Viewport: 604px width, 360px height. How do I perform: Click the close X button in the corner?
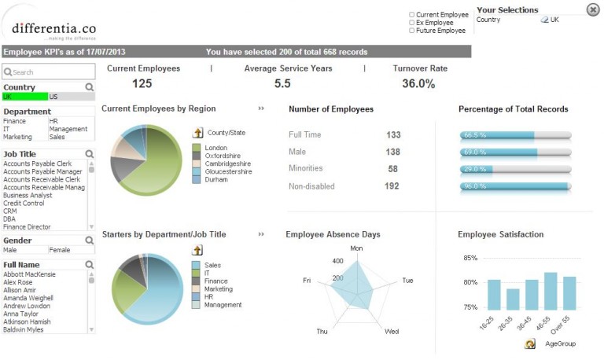(x=592, y=9)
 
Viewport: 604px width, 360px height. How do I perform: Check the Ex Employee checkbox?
(x=411, y=23)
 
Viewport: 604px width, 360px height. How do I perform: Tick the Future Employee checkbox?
(x=411, y=31)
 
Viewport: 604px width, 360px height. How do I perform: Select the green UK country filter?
(x=24, y=97)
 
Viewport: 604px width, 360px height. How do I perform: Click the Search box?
(x=47, y=72)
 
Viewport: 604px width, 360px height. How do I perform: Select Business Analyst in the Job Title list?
(x=28, y=195)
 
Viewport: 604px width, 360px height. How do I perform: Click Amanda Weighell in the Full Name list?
(x=28, y=299)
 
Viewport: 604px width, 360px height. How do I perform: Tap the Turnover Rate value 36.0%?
(x=418, y=84)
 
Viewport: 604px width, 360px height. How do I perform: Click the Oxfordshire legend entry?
(x=223, y=156)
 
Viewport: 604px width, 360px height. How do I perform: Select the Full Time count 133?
(x=393, y=135)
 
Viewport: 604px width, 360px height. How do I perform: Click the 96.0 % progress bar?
(x=515, y=186)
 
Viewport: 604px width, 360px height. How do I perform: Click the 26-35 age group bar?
(x=513, y=299)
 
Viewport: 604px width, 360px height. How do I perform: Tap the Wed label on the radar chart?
(x=391, y=332)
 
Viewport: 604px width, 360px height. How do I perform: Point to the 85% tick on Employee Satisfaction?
(x=470, y=258)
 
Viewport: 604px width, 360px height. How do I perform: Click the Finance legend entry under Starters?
(x=215, y=281)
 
